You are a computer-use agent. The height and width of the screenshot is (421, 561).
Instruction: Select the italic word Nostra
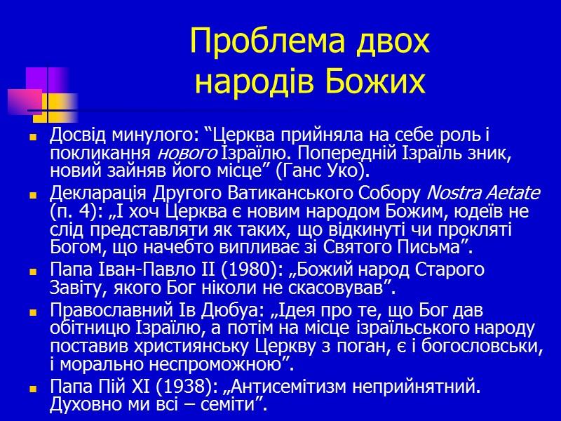pyautogui.click(x=452, y=192)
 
